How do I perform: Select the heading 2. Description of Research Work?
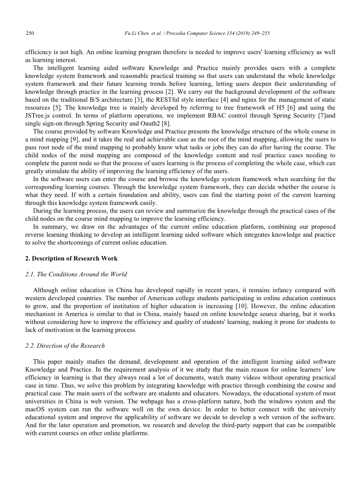(x=71, y=258)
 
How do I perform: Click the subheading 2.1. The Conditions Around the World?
(x=76, y=274)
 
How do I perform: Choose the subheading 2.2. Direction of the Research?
(x=65, y=346)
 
